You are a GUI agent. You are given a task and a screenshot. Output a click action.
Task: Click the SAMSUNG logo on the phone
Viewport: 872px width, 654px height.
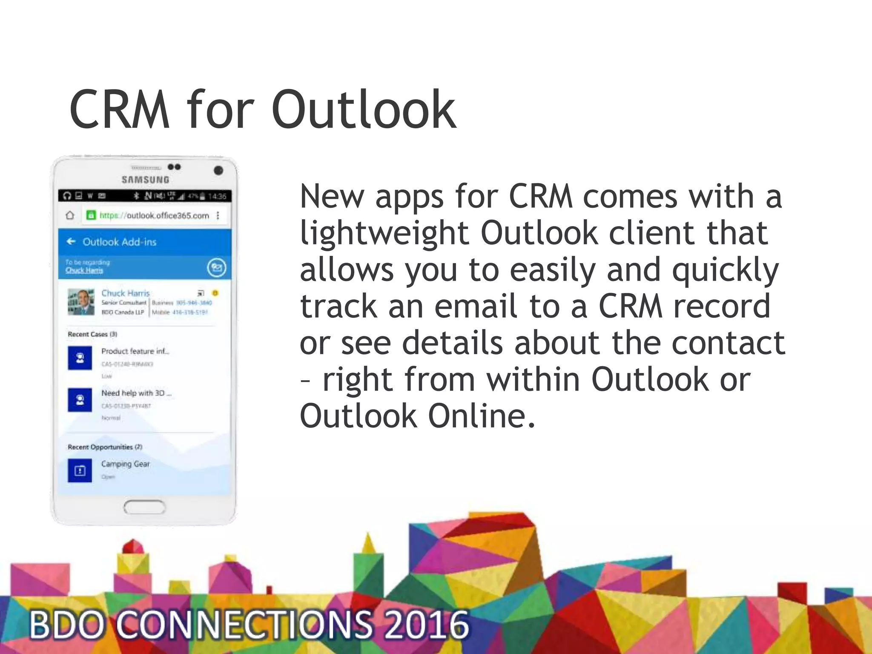[x=146, y=180]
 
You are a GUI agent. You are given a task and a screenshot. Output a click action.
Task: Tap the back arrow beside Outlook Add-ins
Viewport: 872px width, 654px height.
[x=71, y=242]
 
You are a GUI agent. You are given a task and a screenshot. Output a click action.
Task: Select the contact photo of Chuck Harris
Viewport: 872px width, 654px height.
[x=81, y=302]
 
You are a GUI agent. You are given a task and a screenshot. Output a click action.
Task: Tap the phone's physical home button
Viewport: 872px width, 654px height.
[x=144, y=507]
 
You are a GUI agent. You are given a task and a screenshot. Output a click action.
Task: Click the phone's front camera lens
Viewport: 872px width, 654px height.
[x=218, y=171]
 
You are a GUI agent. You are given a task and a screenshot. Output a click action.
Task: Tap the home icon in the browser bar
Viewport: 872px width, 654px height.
[x=70, y=215]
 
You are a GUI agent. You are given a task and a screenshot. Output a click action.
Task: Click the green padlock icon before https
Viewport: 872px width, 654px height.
[x=91, y=215]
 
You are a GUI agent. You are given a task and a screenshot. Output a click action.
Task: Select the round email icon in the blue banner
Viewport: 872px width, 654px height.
[x=216, y=267]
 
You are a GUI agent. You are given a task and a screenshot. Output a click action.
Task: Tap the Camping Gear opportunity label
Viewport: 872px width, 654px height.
[x=126, y=464]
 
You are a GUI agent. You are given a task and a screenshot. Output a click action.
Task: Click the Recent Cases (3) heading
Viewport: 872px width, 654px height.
[x=92, y=334]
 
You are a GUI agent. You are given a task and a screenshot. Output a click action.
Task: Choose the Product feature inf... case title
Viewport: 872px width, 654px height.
[x=135, y=351]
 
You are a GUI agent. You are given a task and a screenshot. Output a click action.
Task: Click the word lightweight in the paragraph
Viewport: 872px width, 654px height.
[x=384, y=233]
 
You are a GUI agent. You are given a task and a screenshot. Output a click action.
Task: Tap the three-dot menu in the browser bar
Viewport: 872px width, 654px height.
[x=218, y=215]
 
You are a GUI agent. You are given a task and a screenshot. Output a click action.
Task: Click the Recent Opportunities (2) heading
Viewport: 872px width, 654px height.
[x=105, y=447]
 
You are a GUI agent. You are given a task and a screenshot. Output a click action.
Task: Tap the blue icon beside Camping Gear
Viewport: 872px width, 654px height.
[x=80, y=470]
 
